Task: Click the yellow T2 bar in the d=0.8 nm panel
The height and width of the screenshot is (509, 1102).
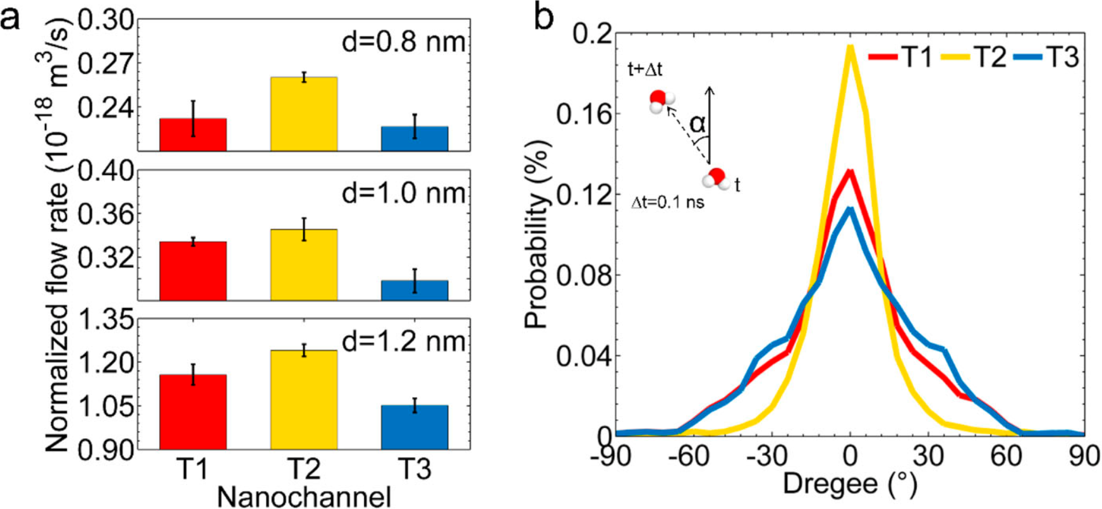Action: [304, 114]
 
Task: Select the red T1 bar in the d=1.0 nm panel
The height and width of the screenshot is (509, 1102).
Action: [193, 271]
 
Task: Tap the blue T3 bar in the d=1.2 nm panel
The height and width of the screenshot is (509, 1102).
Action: [415, 427]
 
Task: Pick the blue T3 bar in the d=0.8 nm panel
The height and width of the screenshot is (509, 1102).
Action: [415, 138]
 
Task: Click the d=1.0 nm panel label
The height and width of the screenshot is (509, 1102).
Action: [404, 192]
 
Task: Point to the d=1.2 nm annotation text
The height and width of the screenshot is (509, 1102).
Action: [404, 341]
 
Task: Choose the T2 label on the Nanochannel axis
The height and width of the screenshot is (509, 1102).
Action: [304, 470]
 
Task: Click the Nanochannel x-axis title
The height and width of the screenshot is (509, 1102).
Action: [304, 497]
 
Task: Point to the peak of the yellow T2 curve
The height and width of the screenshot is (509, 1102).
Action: [851, 47]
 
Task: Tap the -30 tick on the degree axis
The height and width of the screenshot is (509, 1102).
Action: [770, 457]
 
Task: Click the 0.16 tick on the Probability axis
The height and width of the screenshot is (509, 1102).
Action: [576, 114]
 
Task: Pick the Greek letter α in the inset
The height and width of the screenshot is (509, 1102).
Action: [698, 124]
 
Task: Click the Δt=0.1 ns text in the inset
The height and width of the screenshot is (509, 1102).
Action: [668, 204]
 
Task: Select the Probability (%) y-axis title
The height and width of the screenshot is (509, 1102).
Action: [536, 234]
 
